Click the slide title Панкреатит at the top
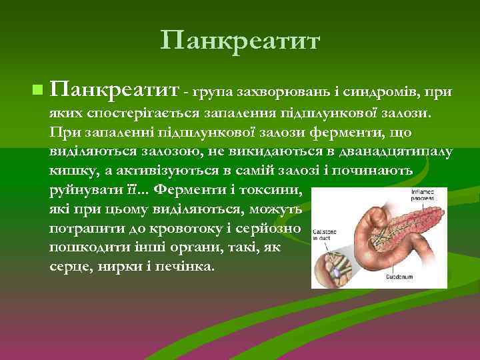(x=240, y=41)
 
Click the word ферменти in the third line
(x=323, y=131)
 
